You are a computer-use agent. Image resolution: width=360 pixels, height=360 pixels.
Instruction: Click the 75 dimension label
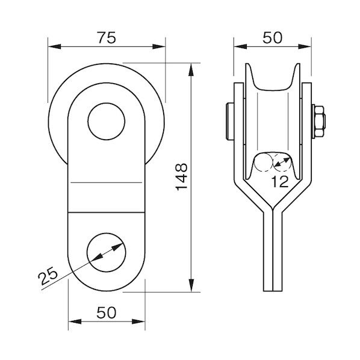click(107, 38)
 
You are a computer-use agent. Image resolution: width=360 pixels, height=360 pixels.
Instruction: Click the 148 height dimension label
click(182, 177)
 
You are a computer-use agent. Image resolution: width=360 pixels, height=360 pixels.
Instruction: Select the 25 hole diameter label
click(48, 276)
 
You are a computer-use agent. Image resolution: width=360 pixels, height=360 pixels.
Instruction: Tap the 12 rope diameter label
click(280, 182)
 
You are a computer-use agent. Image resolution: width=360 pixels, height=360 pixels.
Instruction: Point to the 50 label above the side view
click(273, 38)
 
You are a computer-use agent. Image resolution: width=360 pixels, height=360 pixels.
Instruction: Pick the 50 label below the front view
click(107, 312)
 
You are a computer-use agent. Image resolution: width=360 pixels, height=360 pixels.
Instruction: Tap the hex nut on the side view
click(319, 122)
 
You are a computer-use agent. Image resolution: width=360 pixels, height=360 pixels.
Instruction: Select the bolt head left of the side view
click(230, 122)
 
